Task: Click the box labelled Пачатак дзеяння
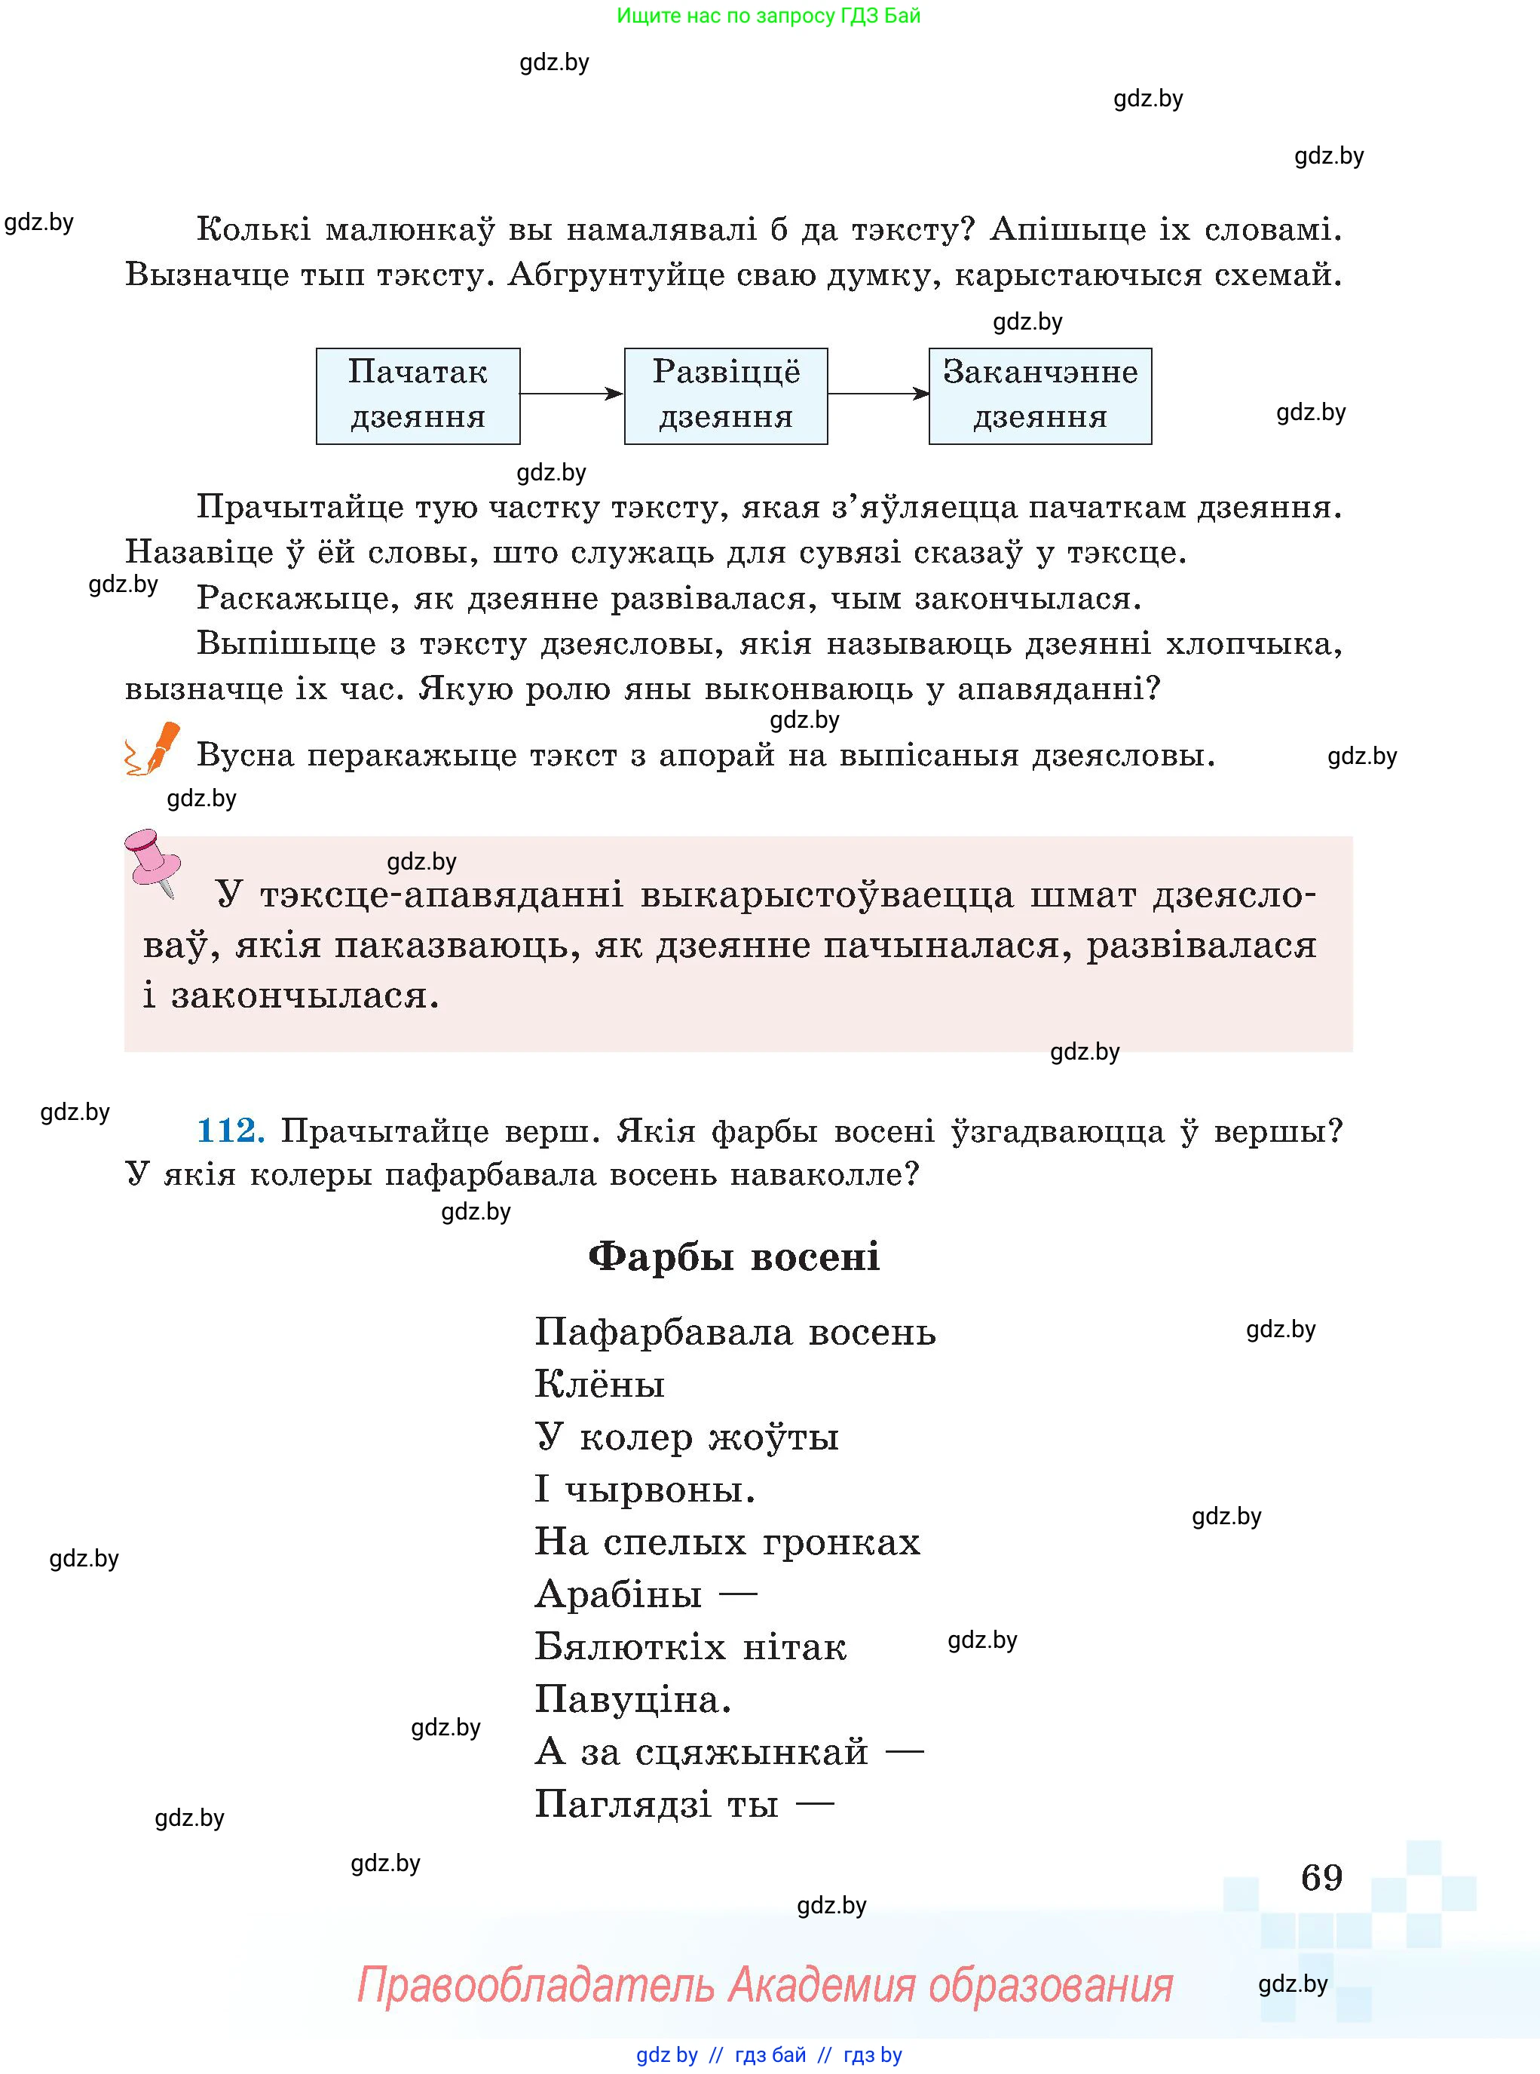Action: click(x=418, y=395)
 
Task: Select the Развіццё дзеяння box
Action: click(x=725, y=395)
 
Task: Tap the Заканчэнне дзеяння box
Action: click(x=1039, y=395)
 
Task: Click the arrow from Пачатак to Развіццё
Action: click(x=571, y=394)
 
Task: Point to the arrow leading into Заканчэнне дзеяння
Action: click(x=877, y=394)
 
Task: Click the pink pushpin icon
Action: click(x=152, y=859)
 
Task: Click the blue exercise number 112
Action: click(x=230, y=1131)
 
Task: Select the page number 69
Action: click(x=1321, y=1877)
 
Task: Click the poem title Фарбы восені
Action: click(x=733, y=1256)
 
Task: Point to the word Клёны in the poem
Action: click(x=599, y=1384)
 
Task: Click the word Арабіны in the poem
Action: click(x=618, y=1594)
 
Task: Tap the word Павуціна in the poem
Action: click(x=632, y=1699)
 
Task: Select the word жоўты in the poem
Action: click(x=773, y=1437)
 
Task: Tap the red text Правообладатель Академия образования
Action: click(x=764, y=1984)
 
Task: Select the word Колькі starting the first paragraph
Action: click(x=253, y=229)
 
